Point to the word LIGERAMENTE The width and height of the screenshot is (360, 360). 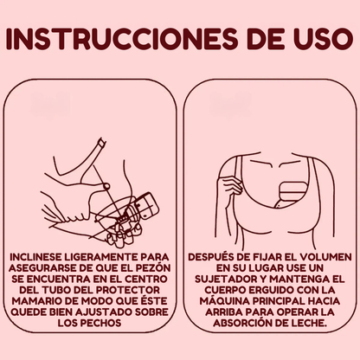(102, 256)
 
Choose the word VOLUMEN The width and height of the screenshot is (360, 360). (316, 256)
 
